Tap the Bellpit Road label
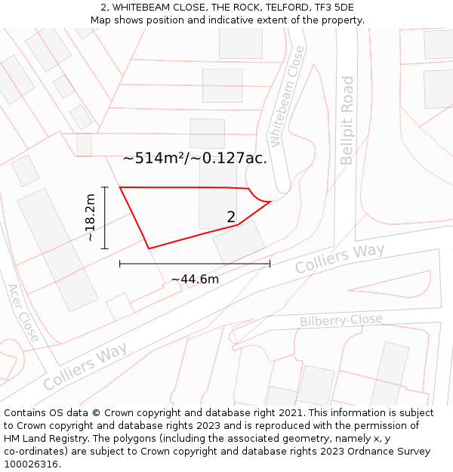tap(347, 120)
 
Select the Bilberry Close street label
tap(341, 320)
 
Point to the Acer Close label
tap(23, 313)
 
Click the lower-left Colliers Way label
tap(85, 366)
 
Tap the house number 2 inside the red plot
tap(231, 217)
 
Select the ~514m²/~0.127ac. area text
tap(195, 159)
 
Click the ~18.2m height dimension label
tap(90, 217)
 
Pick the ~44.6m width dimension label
tap(195, 279)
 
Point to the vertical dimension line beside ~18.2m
tap(105, 217)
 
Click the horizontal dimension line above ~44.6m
tap(195, 264)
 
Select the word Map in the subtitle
tap(101, 20)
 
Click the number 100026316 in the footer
tap(32, 464)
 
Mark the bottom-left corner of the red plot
tap(149, 248)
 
